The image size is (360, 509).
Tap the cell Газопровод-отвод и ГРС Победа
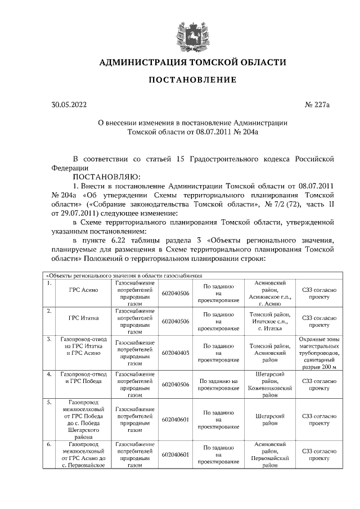tap(83, 378)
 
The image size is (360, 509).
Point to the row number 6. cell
tap(50, 444)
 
